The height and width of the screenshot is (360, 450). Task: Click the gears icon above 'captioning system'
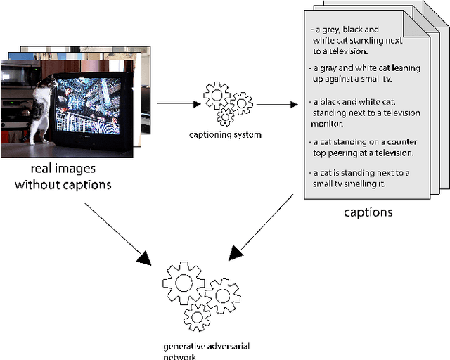click(x=227, y=103)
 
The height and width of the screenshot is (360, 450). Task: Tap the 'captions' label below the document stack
click(x=368, y=212)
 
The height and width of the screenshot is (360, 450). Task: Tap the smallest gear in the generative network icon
click(x=196, y=318)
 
